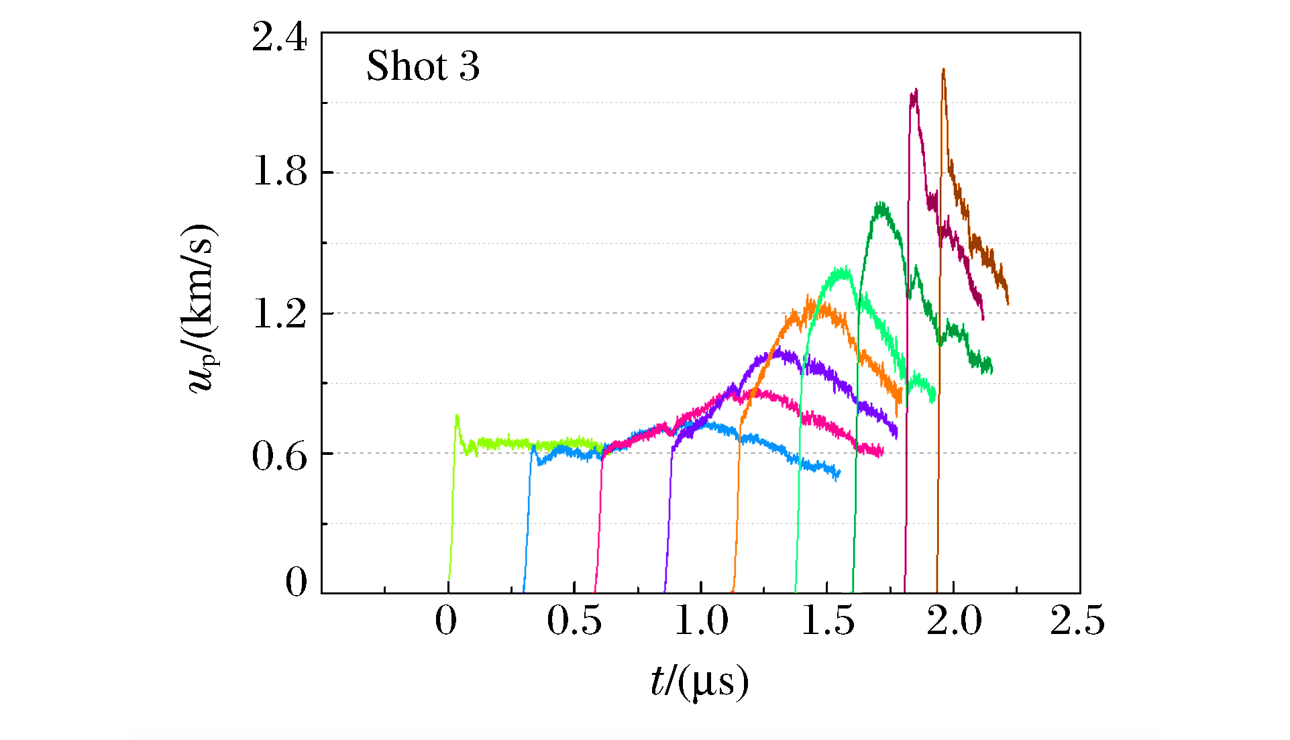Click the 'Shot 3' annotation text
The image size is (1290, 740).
(x=423, y=66)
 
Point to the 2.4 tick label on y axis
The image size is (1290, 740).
(x=279, y=38)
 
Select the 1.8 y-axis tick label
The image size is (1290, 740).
(x=279, y=172)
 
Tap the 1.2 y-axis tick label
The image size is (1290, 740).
(x=279, y=313)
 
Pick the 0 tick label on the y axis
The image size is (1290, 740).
(x=297, y=582)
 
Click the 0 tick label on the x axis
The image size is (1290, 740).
(x=446, y=621)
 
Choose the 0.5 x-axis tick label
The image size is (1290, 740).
(x=574, y=621)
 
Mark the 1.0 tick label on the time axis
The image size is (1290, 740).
(x=701, y=621)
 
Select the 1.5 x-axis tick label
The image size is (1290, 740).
(x=828, y=621)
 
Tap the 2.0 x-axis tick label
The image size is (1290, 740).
(x=954, y=621)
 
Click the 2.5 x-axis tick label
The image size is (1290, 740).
(x=1077, y=621)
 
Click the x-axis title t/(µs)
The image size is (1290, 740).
(x=700, y=682)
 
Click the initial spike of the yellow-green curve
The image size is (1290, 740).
(x=457, y=417)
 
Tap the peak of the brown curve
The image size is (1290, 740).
(x=943, y=70)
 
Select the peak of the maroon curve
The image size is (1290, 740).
(x=914, y=91)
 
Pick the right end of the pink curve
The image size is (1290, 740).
(x=882, y=452)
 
